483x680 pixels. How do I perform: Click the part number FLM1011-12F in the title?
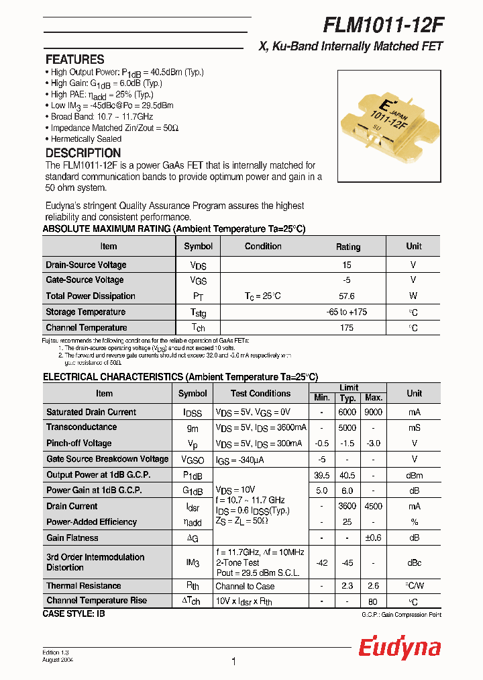(383, 24)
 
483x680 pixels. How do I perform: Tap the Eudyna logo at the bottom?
(399, 648)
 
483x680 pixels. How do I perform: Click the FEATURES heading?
(74, 59)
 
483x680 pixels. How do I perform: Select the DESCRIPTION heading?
(83, 153)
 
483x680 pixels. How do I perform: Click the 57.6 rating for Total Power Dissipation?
(347, 296)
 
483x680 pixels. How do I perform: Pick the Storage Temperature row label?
(86, 312)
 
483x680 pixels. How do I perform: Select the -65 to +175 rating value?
(347, 312)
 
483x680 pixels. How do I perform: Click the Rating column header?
(348, 247)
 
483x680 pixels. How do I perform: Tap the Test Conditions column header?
(260, 394)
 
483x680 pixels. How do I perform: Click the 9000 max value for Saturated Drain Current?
(374, 413)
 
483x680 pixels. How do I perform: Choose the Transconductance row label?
(81, 427)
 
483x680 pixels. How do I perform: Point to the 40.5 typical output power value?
(347, 475)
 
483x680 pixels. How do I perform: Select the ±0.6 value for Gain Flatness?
(374, 538)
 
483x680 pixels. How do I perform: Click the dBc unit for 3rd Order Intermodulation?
(414, 562)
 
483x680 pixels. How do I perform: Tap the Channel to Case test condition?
(245, 586)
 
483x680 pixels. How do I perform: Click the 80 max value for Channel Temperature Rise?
(374, 601)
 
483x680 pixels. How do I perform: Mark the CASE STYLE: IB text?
(74, 613)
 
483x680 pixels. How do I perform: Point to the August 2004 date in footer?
(58, 661)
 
